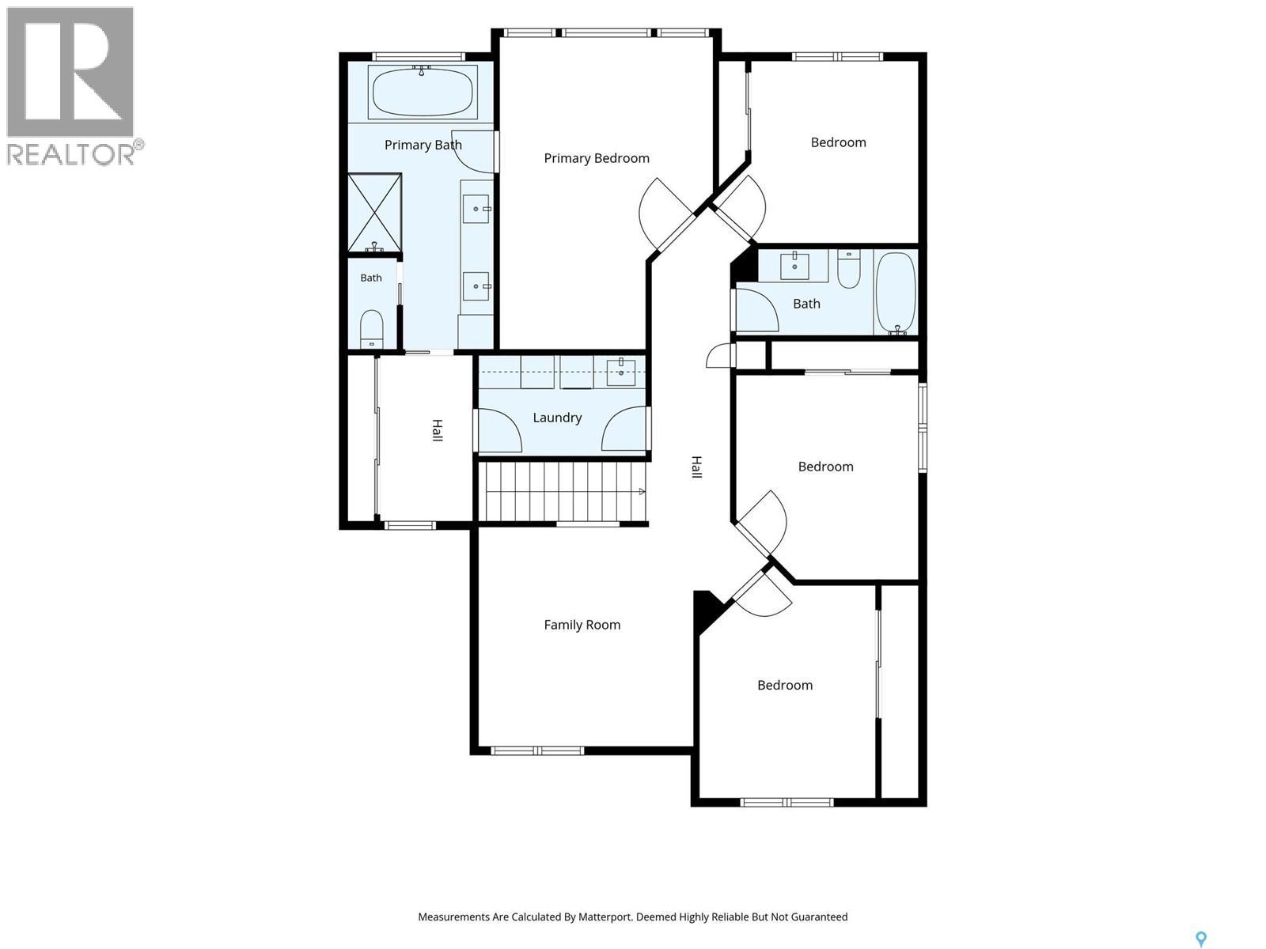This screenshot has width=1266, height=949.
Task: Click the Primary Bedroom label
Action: click(x=597, y=158)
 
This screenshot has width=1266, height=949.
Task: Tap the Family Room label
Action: click(x=582, y=625)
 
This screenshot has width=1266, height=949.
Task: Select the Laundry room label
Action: click(x=557, y=418)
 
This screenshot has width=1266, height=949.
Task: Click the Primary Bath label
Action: click(x=423, y=145)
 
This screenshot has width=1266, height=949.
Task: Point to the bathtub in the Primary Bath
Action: click(x=423, y=93)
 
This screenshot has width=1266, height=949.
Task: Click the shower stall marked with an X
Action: click(x=375, y=212)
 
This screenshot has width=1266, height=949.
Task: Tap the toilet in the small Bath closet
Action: click(x=371, y=329)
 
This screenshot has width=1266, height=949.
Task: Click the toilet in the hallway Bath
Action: click(x=848, y=269)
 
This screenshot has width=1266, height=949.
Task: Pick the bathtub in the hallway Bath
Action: click(x=895, y=293)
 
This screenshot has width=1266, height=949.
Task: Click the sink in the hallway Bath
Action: click(x=794, y=266)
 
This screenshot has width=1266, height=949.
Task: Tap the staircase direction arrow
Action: click(x=642, y=491)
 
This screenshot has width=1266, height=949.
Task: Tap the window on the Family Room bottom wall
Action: click(x=537, y=751)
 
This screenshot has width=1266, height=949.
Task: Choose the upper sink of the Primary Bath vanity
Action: click(x=476, y=209)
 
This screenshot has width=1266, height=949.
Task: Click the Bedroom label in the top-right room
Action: click(x=838, y=142)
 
